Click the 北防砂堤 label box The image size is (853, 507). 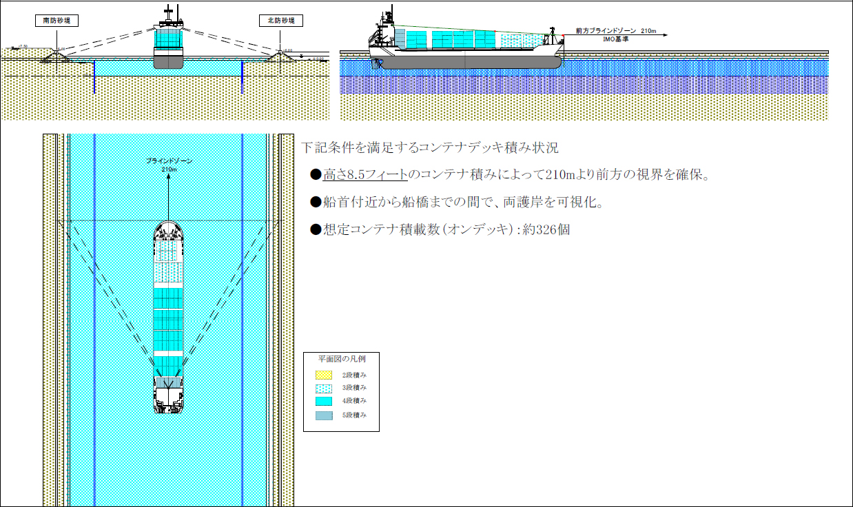tap(281, 21)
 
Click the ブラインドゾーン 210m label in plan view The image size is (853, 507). tap(169, 164)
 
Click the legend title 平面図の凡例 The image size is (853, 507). tap(340, 359)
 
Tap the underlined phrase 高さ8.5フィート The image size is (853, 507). tap(364, 175)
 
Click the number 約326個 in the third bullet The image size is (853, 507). tap(546, 230)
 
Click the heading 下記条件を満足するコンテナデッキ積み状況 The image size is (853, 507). tap(430, 148)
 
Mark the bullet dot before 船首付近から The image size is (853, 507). tap(316, 203)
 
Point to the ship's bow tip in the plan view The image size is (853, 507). tap(169, 223)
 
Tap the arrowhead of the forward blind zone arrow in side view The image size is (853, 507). tap(668, 32)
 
